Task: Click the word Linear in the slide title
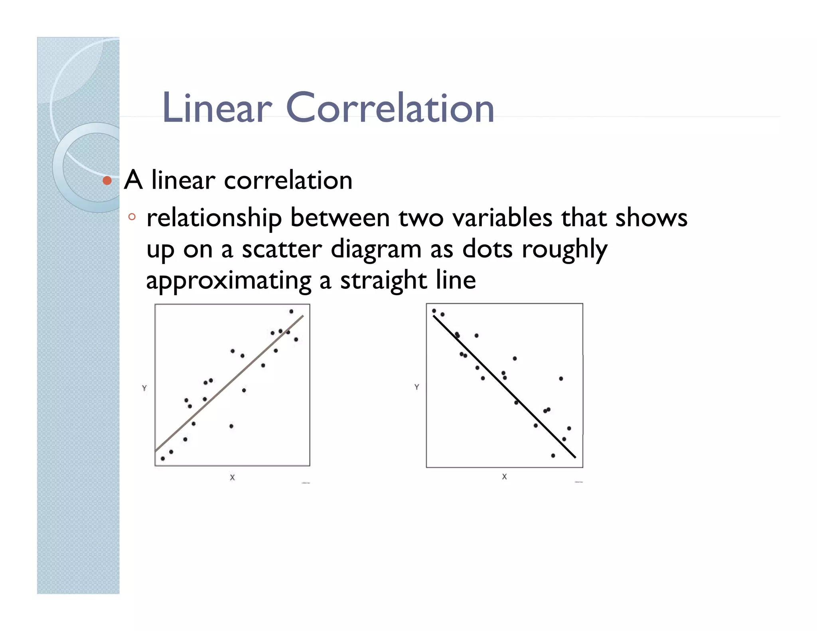pyautogui.click(x=217, y=108)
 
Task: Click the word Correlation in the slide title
pyautogui.click(x=390, y=108)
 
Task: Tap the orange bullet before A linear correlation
pyautogui.click(x=107, y=181)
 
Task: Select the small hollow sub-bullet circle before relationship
pyautogui.click(x=132, y=217)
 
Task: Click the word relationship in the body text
pyautogui.click(x=214, y=219)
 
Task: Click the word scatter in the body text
pyautogui.click(x=281, y=249)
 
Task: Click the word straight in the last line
pyautogui.click(x=383, y=280)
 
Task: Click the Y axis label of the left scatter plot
pyautogui.click(x=144, y=388)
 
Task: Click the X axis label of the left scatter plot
pyautogui.click(x=232, y=477)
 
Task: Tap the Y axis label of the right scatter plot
pyautogui.click(x=416, y=387)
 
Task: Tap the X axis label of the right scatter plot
pyautogui.click(x=504, y=477)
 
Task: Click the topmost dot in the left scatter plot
pyautogui.click(x=291, y=312)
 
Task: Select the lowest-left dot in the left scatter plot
pyautogui.click(x=163, y=459)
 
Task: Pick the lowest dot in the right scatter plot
pyautogui.click(x=553, y=456)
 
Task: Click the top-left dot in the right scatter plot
pyautogui.click(x=434, y=311)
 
